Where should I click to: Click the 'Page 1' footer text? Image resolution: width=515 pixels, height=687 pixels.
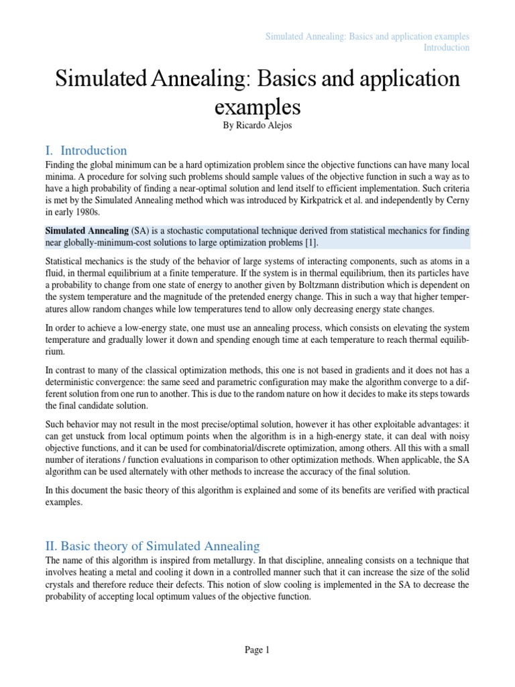(x=257, y=649)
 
